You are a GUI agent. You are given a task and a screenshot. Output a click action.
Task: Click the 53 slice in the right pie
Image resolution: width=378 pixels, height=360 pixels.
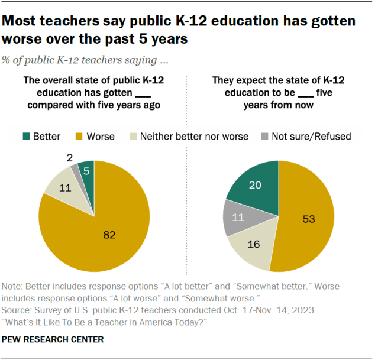click(305, 219)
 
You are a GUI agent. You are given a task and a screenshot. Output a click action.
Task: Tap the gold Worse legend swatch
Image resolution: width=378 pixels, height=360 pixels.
click(78, 137)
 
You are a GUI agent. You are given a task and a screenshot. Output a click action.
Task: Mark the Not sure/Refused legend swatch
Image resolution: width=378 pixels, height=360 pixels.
click(264, 137)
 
